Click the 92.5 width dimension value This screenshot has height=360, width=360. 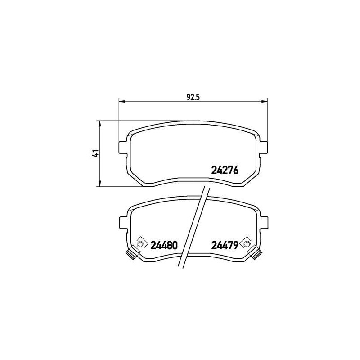click(192, 95)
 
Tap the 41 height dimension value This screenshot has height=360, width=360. click(95, 154)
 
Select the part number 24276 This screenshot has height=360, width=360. click(225, 171)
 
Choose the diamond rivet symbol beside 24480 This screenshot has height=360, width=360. click(140, 243)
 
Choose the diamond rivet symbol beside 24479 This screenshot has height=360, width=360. click(246, 243)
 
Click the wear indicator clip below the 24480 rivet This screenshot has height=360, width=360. click(131, 254)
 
